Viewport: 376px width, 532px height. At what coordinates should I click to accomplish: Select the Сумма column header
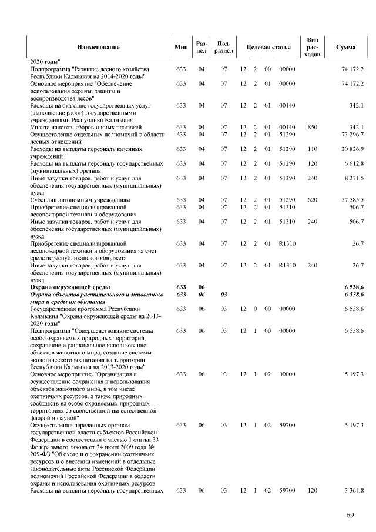[x=344, y=46]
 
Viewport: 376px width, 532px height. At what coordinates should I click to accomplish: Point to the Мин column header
[x=181, y=46]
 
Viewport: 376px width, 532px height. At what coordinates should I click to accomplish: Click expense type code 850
[x=313, y=128]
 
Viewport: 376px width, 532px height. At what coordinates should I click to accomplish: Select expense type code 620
[x=313, y=200]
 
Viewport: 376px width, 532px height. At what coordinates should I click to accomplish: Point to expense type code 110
[x=313, y=149]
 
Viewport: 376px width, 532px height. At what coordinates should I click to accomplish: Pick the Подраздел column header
[x=223, y=46]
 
